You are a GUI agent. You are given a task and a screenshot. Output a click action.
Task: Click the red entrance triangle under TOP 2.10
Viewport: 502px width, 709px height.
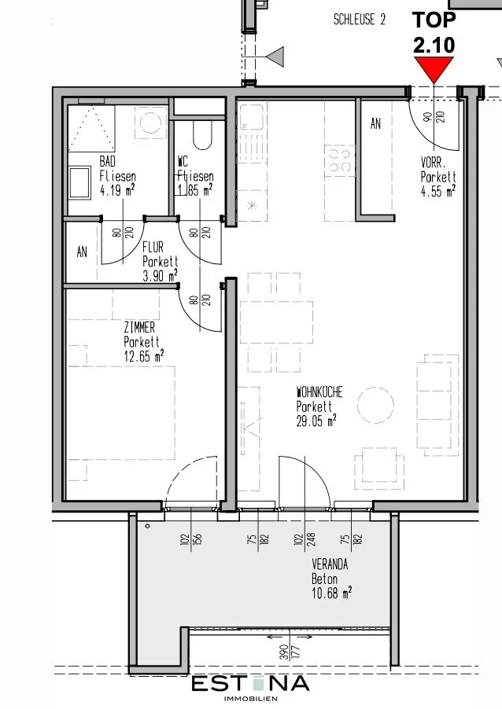[x=434, y=67]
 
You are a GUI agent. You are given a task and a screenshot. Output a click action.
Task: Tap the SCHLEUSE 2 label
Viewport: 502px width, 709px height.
[x=360, y=20]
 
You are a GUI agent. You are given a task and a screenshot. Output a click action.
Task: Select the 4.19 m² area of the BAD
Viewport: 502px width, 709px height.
[x=116, y=190]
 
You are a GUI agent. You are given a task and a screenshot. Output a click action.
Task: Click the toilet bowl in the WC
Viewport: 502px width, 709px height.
[x=202, y=136]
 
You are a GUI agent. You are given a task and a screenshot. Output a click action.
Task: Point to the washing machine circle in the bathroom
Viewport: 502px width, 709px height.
[x=150, y=122]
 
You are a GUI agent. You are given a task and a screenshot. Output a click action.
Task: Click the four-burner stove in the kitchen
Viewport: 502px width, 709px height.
[x=339, y=160]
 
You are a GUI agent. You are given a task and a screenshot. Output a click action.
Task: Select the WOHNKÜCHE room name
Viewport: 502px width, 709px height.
[x=319, y=392]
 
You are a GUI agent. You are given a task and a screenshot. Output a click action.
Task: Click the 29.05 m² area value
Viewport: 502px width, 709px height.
[x=316, y=421]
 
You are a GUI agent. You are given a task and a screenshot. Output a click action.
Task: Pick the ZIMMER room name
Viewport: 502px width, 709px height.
[x=139, y=327]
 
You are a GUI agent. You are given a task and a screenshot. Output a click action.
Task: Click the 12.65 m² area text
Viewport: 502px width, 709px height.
[x=143, y=356]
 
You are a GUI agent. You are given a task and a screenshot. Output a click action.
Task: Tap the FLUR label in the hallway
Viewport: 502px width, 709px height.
[x=153, y=248]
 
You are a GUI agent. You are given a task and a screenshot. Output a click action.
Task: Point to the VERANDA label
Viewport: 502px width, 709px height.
[x=330, y=564]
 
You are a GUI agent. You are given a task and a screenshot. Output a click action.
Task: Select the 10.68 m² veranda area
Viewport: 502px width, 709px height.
[x=331, y=593]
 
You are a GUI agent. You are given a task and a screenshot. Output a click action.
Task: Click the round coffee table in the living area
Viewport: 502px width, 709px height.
[x=375, y=405]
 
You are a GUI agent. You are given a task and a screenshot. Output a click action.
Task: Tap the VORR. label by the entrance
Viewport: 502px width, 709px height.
[x=434, y=163]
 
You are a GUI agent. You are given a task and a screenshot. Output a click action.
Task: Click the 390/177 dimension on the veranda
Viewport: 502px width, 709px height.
[x=290, y=652]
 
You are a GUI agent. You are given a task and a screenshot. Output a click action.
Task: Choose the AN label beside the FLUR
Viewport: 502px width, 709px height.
[x=82, y=252]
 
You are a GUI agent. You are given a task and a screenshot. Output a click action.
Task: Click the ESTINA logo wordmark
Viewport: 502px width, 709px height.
[x=251, y=683]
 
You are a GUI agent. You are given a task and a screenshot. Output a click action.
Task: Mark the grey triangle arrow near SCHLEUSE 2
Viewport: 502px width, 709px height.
[x=275, y=57]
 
